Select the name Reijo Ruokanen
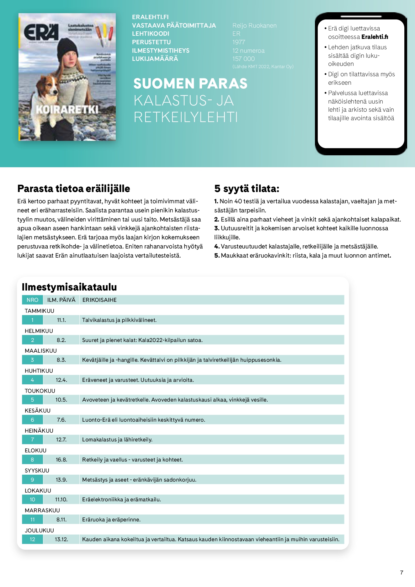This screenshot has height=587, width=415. pos(254,25)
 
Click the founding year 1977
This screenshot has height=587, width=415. pos(239,42)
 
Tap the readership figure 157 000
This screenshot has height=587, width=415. pos(243,59)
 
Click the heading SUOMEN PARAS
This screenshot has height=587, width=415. pos(190,83)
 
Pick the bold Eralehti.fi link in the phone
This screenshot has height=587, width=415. pos(375,37)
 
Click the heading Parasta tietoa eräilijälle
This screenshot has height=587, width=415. pos(73,189)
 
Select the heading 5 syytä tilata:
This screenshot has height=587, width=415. pos(247,189)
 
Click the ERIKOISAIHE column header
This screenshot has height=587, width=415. pos(99,300)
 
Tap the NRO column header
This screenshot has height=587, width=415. pos(32,300)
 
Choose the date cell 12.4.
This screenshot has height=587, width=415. pos(61,380)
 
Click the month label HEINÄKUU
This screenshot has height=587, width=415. pos(39,430)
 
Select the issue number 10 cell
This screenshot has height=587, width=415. pos(32,499)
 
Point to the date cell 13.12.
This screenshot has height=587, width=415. pos(61,539)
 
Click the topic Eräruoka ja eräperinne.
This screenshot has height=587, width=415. pos(111,520)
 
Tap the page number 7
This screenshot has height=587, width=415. pos(402,572)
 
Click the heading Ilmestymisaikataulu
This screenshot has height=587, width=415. pos(69,287)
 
